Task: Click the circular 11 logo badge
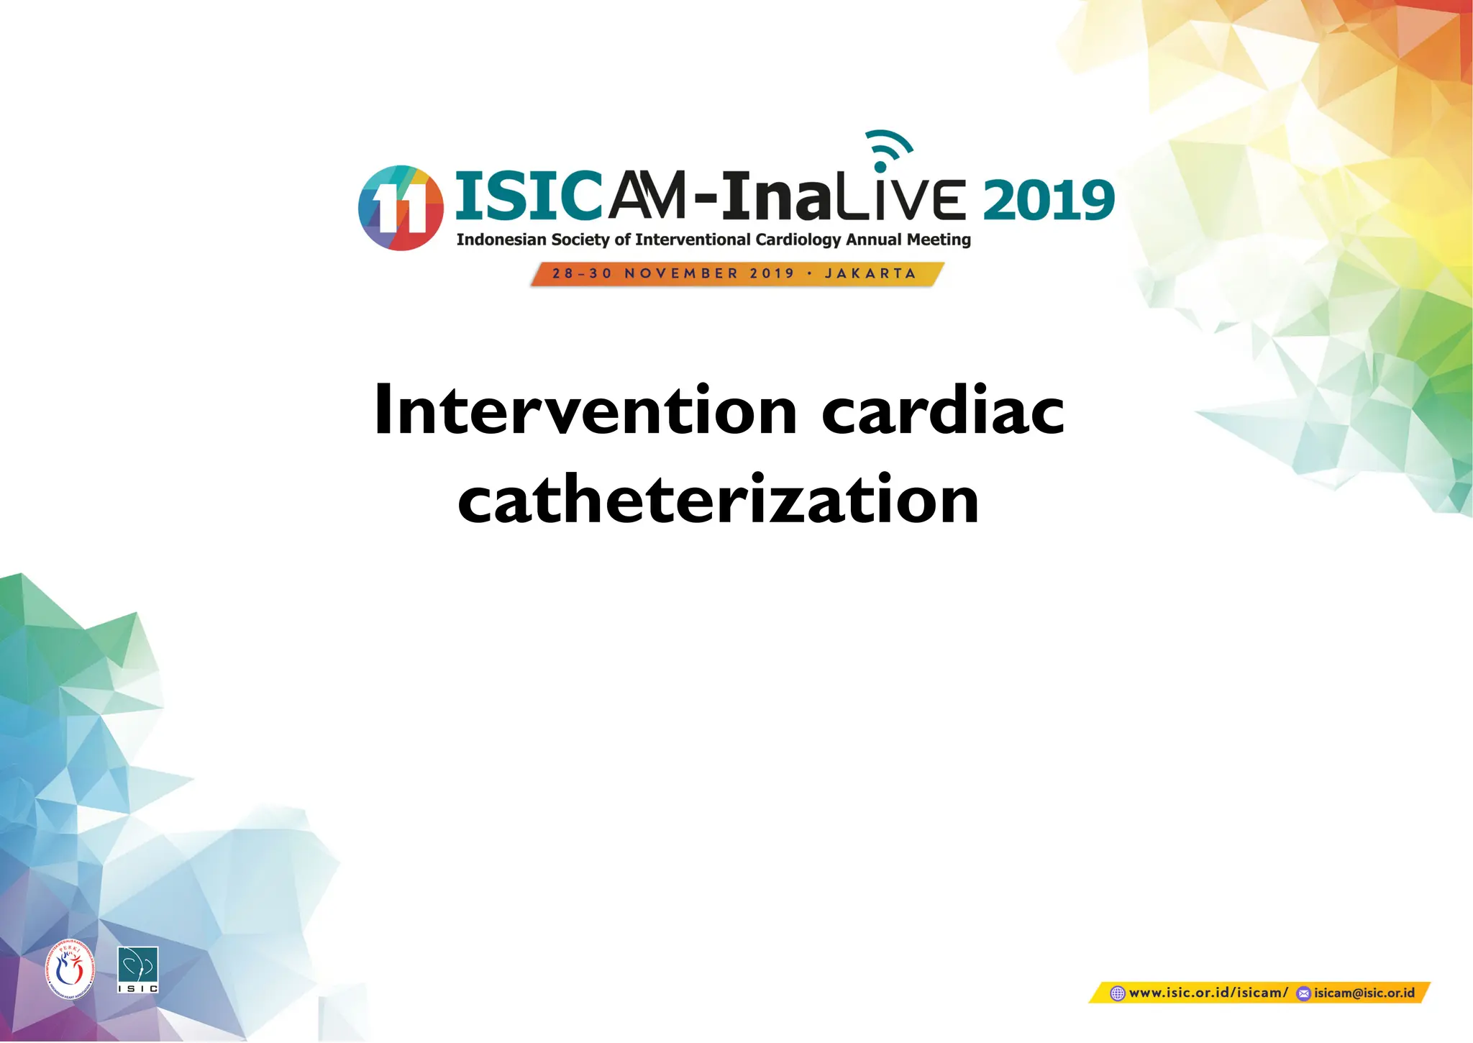click(x=401, y=208)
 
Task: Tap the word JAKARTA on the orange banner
click(x=870, y=274)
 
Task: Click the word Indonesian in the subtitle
click(x=501, y=240)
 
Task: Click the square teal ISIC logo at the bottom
click(x=137, y=970)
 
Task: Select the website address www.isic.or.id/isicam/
click(x=1208, y=993)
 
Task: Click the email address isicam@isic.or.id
click(x=1364, y=993)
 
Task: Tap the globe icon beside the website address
click(x=1117, y=994)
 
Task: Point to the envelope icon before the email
click(x=1303, y=994)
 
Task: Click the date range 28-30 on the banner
click(x=582, y=274)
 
